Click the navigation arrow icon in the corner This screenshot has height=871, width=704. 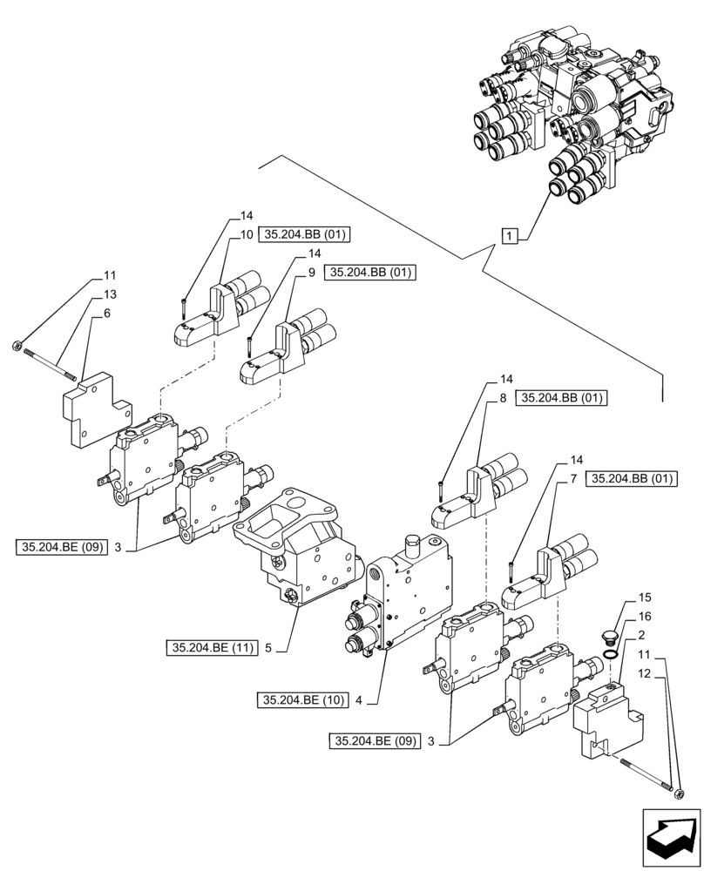tap(670, 832)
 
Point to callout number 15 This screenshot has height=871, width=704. tap(645, 598)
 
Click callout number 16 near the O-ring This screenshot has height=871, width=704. tap(645, 616)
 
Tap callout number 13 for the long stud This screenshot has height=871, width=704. tap(110, 295)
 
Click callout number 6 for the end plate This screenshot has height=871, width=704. tap(105, 314)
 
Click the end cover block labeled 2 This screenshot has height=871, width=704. tap(605, 718)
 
